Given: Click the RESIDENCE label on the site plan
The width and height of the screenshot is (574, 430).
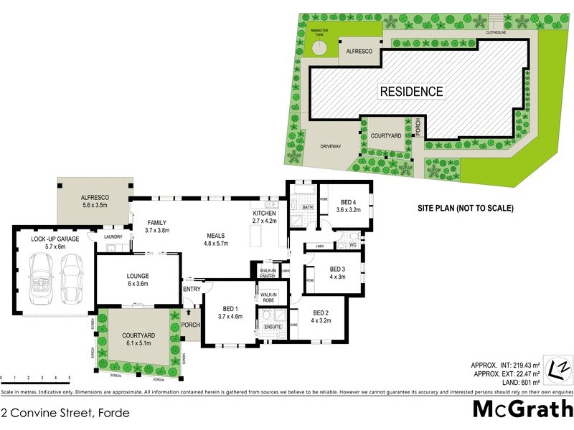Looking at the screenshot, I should [411, 91].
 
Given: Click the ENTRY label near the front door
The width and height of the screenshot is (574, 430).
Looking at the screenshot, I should [192, 289].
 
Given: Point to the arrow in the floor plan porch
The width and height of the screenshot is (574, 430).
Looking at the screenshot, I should [188, 312].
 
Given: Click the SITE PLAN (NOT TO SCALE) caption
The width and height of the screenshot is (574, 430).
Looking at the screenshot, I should [466, 209].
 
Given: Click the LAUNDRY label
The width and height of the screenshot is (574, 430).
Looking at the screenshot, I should [113, 237].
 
